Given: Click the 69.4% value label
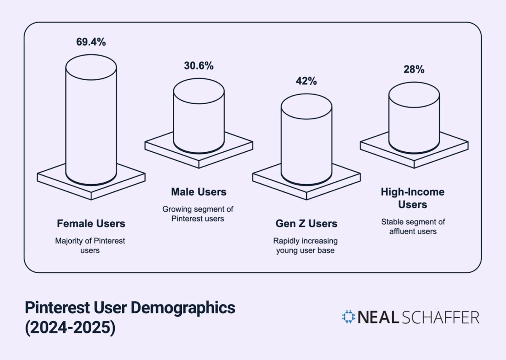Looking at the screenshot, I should pyautogui.click(x=91, y=42).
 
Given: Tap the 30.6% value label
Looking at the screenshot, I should pyautogui.click(x=199, y=66).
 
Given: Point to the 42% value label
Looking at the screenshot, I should pyautogui.click(x=307, y=81).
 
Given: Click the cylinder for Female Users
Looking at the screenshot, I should pyautogui.click(x=91, y=122).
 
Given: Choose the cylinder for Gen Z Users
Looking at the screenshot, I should pyautogui.click(x=307, y=139).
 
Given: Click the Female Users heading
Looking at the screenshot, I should pyautogui.click(x=91, y=223).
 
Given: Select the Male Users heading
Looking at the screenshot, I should pyautogui.click(x=199, y=192).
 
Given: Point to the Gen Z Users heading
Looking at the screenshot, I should pyautogui.click(x=307, y=223).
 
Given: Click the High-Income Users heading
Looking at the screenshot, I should pyautogui.click(x=413, y=198).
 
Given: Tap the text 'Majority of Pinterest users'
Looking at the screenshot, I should pyautogui.click(x=90, y=246).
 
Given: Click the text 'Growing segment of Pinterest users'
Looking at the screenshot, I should pyautogui.click(x=198, y=214).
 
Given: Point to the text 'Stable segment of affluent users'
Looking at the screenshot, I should pyautogui.click(x=413, y=226).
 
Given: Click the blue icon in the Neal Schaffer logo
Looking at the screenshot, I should pyautogui.click(x=349, y=317).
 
